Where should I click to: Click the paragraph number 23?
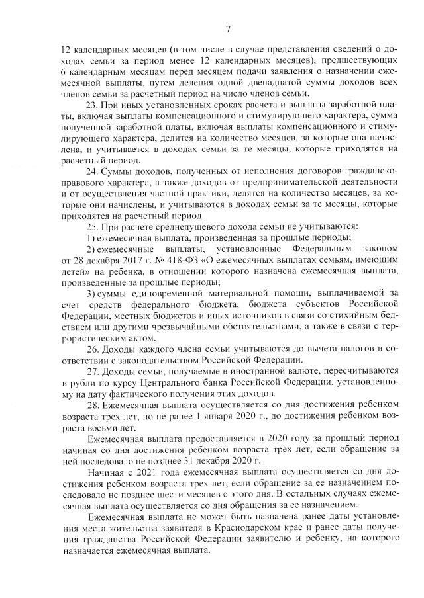(x=92, y=105)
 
